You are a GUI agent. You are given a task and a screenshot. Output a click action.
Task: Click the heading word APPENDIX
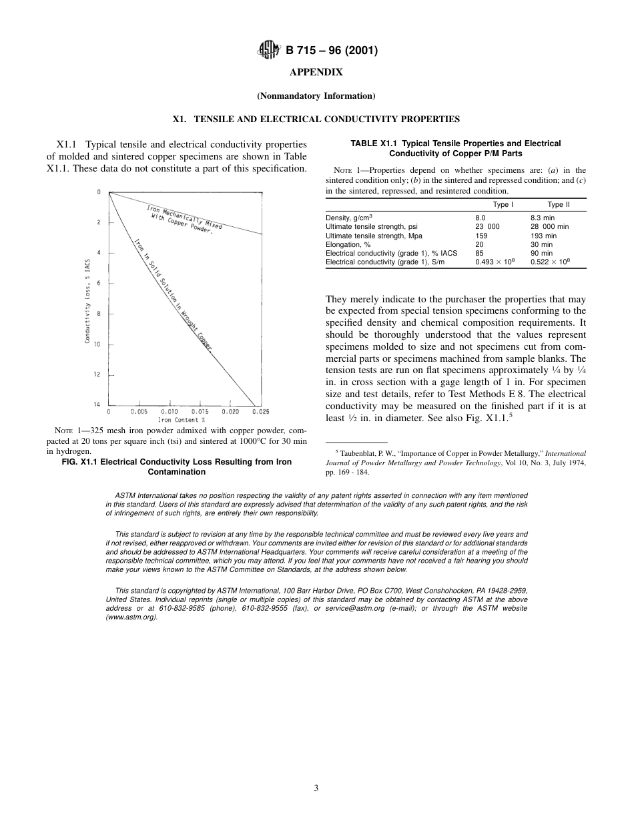(x=316, y=72)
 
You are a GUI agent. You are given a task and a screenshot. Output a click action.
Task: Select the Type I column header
(x=503, y=204)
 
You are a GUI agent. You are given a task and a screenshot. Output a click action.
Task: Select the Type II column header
(x=559, y=204)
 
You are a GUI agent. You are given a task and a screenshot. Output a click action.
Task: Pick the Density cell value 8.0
(x=481, y=218)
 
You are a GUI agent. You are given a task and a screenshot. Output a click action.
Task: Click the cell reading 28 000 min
(x=549, y=227)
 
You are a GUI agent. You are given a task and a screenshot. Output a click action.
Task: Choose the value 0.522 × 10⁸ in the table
(x=550, y=262)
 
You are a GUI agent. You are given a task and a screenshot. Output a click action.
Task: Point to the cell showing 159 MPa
(x=481, y=236)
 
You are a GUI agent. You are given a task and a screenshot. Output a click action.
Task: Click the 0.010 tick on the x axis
(x=170, y=412)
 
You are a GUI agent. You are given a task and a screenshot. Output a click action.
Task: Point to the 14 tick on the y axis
(x=97, y=404)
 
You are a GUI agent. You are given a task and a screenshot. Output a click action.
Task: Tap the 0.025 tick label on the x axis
(x=260, y=412)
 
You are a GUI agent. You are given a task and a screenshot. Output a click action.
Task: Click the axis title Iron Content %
(x=181, y=420)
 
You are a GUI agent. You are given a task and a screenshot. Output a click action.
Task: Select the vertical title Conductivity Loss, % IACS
(x=88, y=300)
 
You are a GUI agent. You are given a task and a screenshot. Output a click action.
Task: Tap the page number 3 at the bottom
(x=316, y=788)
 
